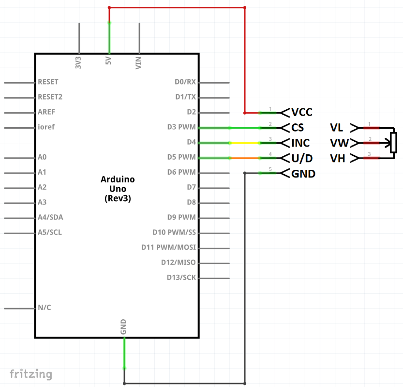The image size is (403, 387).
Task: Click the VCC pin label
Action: (x=302, y=113)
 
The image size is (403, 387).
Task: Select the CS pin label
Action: (x=298, y=128)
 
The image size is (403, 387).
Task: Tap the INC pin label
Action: (x=300, y=143)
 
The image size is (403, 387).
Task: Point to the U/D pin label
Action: (x=302, y=158)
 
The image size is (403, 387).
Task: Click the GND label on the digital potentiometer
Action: (x=303, y=173)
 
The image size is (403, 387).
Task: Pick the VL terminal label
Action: (x=337, y=128)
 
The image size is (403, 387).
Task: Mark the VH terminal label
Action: (x=337, y=158)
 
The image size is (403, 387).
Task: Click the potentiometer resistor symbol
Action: (x=393, y=143)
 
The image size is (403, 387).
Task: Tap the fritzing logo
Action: (x=31, y=374)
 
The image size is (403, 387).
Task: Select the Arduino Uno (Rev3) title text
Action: (x=118, y=189)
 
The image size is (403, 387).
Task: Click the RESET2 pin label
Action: (x=50, y=97)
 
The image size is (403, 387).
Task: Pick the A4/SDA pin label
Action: (x=50, y=217)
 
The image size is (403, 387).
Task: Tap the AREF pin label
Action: (x=46, y=112)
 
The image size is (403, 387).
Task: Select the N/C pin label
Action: (x=45, y=308)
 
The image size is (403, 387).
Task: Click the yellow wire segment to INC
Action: (x=244, y=143)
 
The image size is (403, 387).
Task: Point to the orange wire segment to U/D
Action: (x=244, y=158)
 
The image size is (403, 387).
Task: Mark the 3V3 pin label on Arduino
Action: (x=78, y=63)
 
